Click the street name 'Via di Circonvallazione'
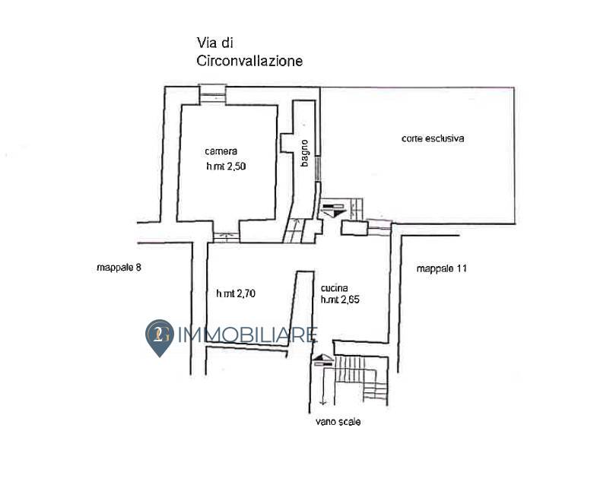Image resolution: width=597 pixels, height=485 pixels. tap(249, 52)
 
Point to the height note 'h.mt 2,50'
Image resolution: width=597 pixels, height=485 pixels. tap(226, 166)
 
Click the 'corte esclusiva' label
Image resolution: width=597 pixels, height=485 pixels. tap(433, 138)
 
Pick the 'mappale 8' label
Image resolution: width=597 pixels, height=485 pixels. tap(119, 268)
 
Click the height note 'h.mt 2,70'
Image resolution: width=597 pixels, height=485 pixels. tap(236, 293)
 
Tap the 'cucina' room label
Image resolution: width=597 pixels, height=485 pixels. tap(335, 288)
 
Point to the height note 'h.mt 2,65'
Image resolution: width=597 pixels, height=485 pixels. tap(340, 300)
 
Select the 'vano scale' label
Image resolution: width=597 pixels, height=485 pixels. tap(338, 422)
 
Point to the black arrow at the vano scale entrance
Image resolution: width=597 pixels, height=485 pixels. tap(322, 360)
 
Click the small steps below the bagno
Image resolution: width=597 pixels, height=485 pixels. tap(293, 230)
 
